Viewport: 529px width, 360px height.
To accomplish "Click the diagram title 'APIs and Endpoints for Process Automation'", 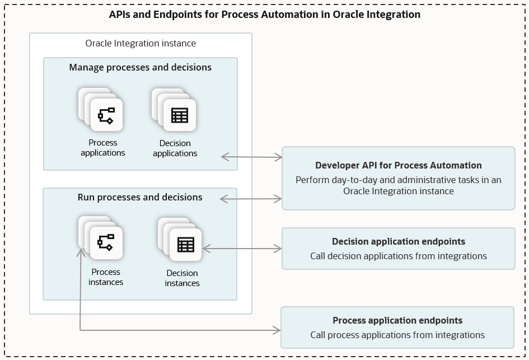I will [x=264, y=15].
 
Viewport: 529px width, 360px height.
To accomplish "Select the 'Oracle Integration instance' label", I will [x=141, y=43].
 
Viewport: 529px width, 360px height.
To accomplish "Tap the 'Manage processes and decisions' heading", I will [x=141, y=67].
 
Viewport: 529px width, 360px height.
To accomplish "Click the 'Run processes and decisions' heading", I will [x=140, y=197].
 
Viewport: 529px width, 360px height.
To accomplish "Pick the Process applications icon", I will [x=106, y=115].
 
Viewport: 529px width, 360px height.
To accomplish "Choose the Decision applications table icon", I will [x=179, y=115].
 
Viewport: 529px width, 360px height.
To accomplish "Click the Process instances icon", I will [x=106, y=242].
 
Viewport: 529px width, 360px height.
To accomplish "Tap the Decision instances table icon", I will [x=185, y=245].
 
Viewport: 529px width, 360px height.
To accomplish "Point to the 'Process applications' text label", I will [x=103, y=148].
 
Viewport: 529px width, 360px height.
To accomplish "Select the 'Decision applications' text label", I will [x=175, y=148].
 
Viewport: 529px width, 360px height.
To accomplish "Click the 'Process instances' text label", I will [x=106, y=277].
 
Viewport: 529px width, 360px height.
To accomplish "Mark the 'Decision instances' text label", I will [x=182, y=278].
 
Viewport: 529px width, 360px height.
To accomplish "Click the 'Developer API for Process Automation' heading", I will [x=398, y=165].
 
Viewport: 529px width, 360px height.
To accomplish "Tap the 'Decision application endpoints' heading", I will [x=398, y=241].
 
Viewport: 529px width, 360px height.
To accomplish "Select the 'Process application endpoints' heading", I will [x=397, y=320].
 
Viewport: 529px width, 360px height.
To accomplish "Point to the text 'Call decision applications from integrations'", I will [x=398, y=256].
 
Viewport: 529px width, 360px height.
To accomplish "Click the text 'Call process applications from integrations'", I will [x=397, y=335].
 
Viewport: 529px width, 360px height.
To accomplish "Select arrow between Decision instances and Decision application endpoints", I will [x=242, y=247].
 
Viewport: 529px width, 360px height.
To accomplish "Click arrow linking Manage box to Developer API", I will [x=252, y=157].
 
